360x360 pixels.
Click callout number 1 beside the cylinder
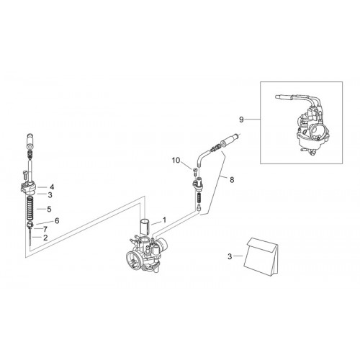click(x=164, y=220)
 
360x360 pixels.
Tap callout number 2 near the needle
click(x=45, y=238)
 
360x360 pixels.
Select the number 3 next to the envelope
click(x=230, y=256)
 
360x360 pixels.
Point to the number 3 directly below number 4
click(x=50, y=195)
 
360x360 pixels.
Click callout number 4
click(x=52, y=187)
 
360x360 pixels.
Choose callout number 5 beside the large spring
click(x=49, y=209)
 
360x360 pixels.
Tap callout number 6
click(x=57, y=220)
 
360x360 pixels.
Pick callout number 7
click(x=45, y=229)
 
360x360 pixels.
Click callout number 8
click(x=232, y=180)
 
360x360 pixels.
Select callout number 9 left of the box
click(x=241, y=120)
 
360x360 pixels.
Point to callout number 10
click(x=176, y=161)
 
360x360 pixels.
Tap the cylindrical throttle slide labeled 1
click(x=145, y=226)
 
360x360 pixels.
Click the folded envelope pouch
click(x=261, y=257)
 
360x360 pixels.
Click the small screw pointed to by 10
click(x=194, y=172)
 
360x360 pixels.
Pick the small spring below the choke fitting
click(x=199, y=199)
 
